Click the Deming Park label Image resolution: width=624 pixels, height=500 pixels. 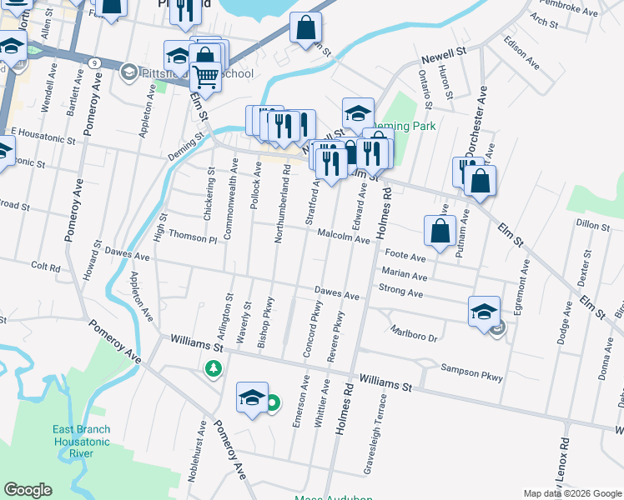(x=413, y=126)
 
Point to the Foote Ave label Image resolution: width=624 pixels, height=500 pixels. (x=405, y=257)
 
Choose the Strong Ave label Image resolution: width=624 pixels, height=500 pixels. (x=400, y=291)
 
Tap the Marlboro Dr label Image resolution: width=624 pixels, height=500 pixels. (x=413, y=333)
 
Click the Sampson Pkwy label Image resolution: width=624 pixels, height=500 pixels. (x=472, y=372)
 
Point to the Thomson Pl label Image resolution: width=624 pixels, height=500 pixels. (x=192, y=238)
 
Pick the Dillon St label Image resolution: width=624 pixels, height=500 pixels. (x=593, y=225)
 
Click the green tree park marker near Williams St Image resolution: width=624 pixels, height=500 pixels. (x=214, y=367)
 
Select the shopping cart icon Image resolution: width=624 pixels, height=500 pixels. (x=204, y=77)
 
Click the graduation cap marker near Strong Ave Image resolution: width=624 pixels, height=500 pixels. (x=484, y=311)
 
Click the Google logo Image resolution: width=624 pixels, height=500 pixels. (x=28, y=491)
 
